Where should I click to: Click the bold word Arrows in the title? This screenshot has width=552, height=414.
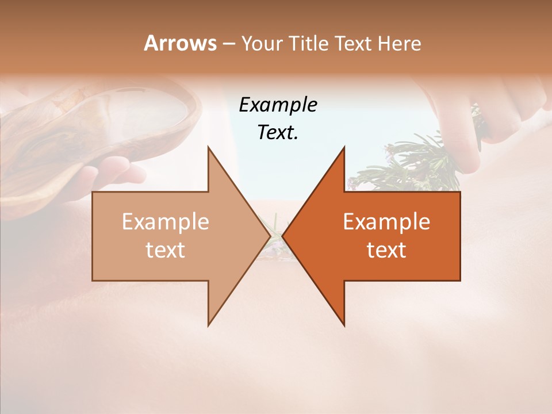point(180,43)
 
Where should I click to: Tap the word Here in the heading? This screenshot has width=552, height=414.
point(397,43)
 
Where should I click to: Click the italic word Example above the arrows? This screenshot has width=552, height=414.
point(278,105)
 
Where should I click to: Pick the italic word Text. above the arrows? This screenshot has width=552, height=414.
point(278,132)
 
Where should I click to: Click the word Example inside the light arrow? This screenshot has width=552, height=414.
point(166,221)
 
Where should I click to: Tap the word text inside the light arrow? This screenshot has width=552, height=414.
point(166,250)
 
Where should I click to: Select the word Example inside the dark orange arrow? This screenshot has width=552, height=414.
point(386,221)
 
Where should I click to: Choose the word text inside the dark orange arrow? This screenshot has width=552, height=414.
point(386,250)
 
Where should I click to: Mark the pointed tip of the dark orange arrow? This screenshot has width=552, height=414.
point(282,236)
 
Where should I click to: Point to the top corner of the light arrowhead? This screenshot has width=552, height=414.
point(208,147)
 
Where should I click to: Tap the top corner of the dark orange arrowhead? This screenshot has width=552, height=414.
point(344,147)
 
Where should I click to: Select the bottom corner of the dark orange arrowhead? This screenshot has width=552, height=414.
point(344,325)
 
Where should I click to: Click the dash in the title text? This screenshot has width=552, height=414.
point(228,44)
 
